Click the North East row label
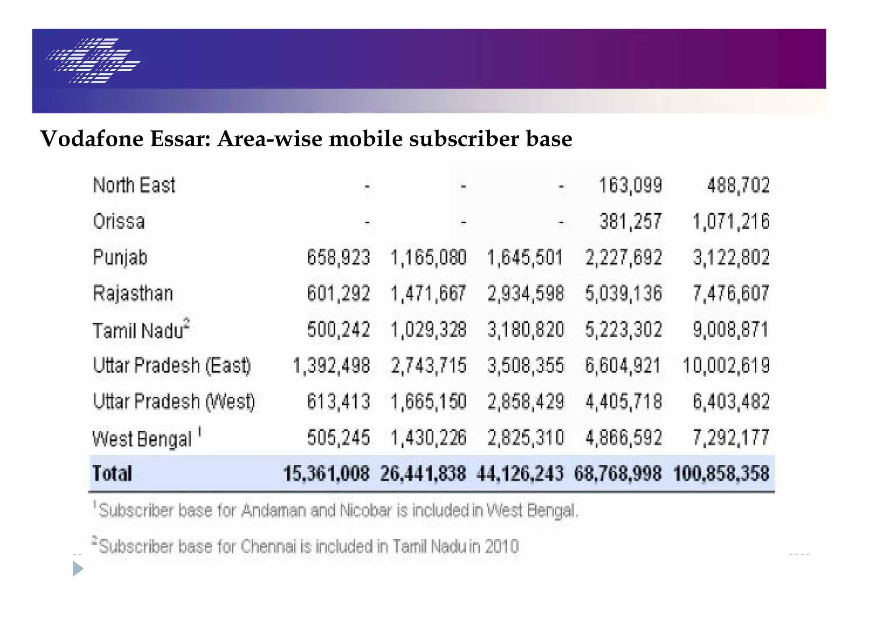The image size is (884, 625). pyautogui.click(x=134, y=186)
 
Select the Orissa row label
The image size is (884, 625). pyautogui.click(x=119, y=222)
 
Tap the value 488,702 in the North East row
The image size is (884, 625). pyautogui.click(x=738, y=186)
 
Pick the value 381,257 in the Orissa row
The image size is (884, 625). pyautogui.click(x=630, y=222)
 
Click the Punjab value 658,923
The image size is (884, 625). pyautogui.click(x=338, y=258)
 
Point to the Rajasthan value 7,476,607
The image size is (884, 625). pyautogui.click(x=731, y=294)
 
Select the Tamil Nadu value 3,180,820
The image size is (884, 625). pyautogui.click(x=525, y=330)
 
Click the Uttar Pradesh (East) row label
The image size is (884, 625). pyautogui.click(x=172, y=366)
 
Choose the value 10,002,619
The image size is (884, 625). pyautogui.click(x=726, y=366)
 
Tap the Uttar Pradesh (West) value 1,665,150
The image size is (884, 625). pyautogui.click(x=428, y=402)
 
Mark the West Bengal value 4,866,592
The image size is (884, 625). pyautogui.click(x=623, y=438)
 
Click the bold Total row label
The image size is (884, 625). pyautogui.click(x=112, y=473)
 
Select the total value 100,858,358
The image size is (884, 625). pyautogui.click(x=721, y=473)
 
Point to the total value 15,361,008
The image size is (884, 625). pyautogui.click(x=326, y=473)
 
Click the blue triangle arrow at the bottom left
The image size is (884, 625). pyautogui.click(x=78, y=568)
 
